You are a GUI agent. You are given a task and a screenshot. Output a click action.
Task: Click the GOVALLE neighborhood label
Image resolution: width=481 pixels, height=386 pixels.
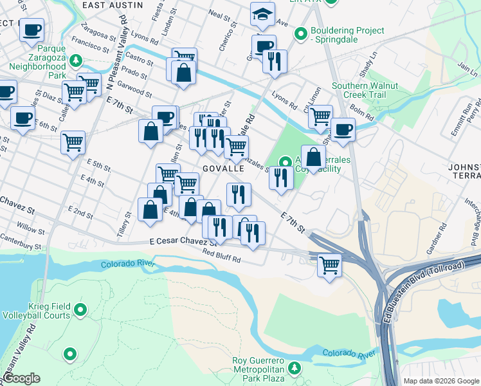click(223, 168)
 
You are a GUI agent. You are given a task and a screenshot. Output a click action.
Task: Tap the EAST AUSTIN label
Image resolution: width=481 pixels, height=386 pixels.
click(113, 5)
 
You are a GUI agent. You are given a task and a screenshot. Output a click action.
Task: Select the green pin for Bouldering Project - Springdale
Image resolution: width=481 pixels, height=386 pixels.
click(300, 33)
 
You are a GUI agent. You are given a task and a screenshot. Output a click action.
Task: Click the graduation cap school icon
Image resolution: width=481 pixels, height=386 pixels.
click(262, 14)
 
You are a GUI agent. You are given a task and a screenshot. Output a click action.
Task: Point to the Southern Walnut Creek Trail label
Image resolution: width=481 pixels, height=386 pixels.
click(365, 91)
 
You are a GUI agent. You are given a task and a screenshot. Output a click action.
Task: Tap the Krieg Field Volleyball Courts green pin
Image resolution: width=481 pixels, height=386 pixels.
click(80, 311)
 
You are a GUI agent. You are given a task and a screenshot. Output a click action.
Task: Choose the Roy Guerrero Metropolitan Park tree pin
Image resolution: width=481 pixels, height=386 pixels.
click(295, 367)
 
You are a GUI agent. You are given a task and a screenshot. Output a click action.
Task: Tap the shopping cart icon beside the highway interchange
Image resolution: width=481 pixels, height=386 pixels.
click(329, 263)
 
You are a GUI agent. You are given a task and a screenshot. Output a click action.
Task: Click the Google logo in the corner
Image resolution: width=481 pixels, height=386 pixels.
click(21, 378)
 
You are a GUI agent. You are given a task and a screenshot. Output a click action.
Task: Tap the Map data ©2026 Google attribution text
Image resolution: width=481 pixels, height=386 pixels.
click(442, 381)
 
